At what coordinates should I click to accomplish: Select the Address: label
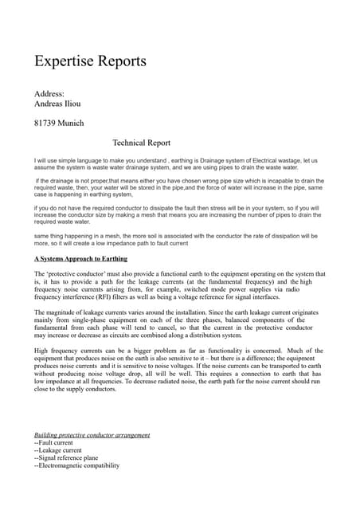50,93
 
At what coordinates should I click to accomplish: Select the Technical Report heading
142,143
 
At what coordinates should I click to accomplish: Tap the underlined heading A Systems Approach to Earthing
83,260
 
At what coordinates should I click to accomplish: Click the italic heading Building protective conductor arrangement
92,435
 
